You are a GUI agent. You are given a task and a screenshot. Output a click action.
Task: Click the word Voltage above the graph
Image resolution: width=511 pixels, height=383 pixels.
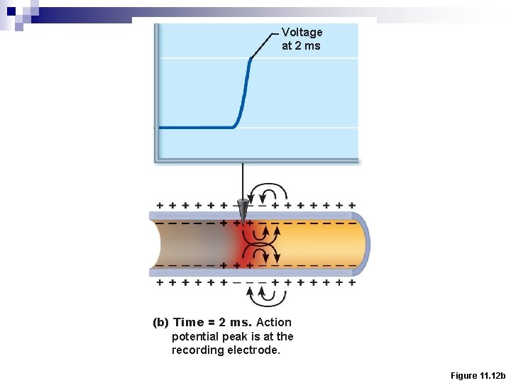point(302,32)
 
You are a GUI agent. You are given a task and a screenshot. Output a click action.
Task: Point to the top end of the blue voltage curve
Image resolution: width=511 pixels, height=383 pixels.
point(251,59)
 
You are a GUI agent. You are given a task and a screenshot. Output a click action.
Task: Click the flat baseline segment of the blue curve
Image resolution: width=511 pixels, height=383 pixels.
point(195,128)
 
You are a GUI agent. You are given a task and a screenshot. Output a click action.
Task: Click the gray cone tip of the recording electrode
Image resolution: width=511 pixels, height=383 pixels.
point(243,212)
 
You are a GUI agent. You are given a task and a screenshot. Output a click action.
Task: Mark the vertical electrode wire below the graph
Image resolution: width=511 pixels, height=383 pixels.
point(243,181)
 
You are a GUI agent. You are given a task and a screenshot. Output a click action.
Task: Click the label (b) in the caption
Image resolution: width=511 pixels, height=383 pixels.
point(161,322)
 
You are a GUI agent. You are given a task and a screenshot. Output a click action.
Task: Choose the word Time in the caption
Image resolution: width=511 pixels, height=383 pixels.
point(188,322)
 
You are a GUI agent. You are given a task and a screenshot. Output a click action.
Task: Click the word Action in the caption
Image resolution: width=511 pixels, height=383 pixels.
point(273,322)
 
